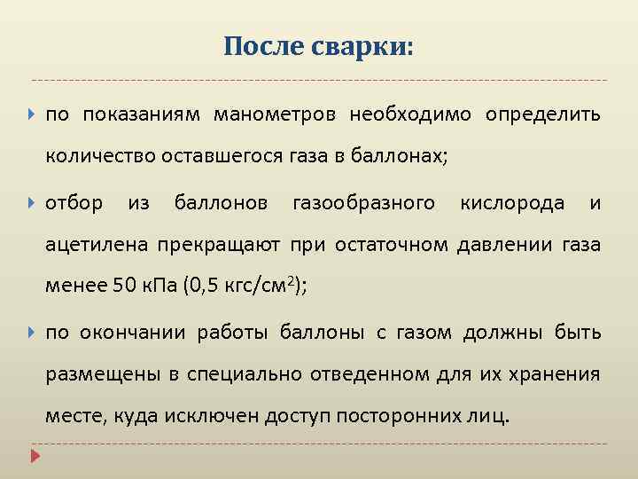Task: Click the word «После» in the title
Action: [x=263, y=45]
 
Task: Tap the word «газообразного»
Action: [x=363, y=203]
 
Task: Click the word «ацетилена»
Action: [x=97, y=245]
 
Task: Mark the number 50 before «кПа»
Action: [x=124, y=286]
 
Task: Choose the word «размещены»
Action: [x=97, y=374]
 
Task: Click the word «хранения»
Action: [x=558, y=374]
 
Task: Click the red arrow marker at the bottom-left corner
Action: [x=35, y=457]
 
